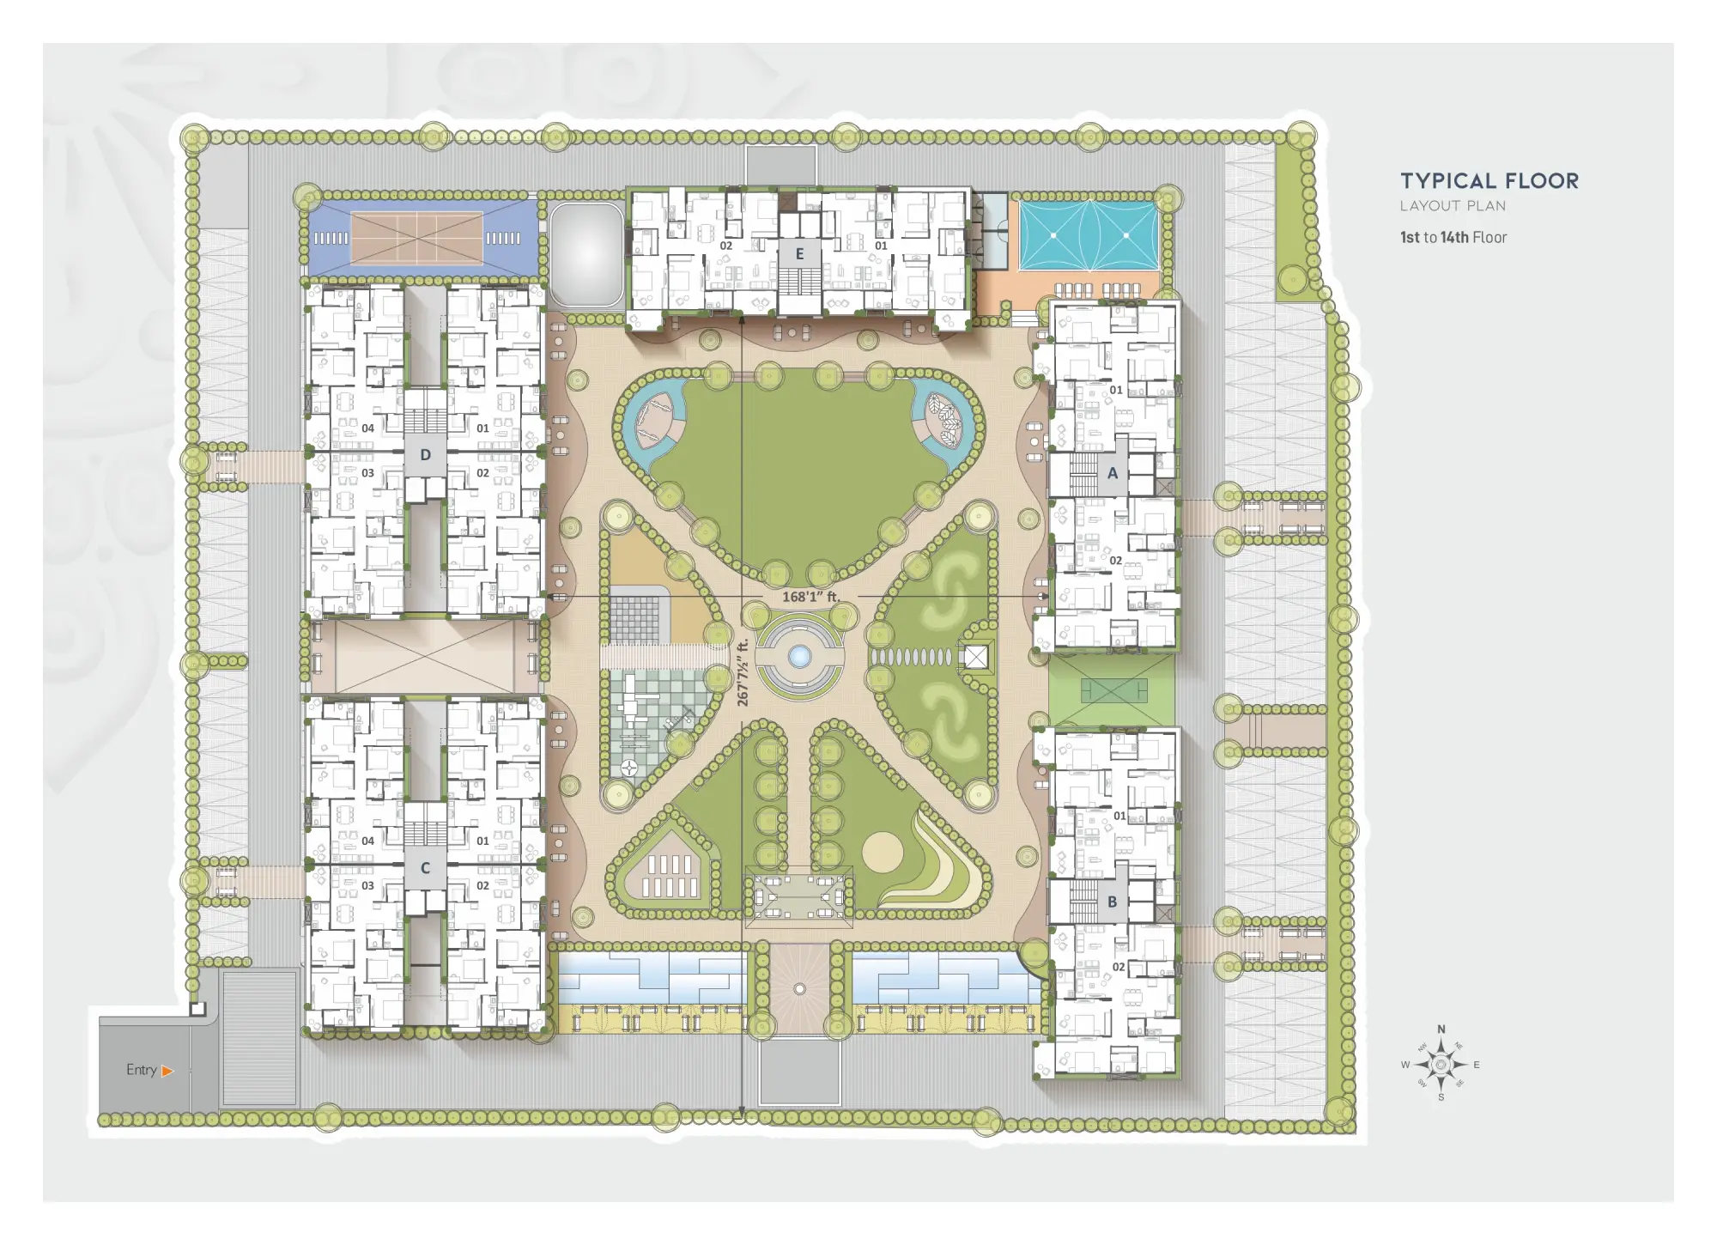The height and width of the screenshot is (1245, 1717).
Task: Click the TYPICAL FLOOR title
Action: pyautogui.click(x=1489, y=181)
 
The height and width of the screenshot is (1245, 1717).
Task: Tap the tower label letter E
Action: pyautogui.click(x=799, y=254)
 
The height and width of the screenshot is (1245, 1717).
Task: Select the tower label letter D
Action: pyautogui.click(x=425, y=455)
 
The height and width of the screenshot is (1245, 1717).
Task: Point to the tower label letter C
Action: pyautogui.click(x=425, y=868)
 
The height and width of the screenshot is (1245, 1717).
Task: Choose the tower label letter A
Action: pyautogui.click(x=1113, y=473)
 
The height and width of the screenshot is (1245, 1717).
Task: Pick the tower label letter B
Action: pyautogui.click(x=1113, y=902)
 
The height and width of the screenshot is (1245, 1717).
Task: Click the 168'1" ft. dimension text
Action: pyautogui.click(x=810, y=597)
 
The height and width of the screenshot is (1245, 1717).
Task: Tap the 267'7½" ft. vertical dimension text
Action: pyautogui.click(x=743, y=672)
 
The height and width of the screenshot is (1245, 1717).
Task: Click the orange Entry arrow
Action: pyautogui.click(x=167, y=1071)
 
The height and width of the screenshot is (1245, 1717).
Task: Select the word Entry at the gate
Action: pyautogui.click(x=142, y=1070)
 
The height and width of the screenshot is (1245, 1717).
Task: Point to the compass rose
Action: pyautogui.click(x=1441, y=1065)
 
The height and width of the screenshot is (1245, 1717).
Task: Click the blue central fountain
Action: pyautogui.click(x=799, y=657)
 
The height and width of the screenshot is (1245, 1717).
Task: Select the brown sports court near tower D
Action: pyautogui.click(x=417, y=238)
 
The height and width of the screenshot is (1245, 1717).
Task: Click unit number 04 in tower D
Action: pyautogui.click(x=367, y=428)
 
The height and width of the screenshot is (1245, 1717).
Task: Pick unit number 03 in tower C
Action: pyautogui.click(x=367, y=885)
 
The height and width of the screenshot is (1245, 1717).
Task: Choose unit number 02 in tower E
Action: pyautogui.click(x=726, y=246)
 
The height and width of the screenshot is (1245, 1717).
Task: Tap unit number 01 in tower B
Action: pyautogui.click(x=1119, y=816)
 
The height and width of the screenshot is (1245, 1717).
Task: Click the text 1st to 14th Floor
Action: pyautogui.click(x=1453, y=238)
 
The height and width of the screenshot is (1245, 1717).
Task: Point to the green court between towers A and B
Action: pyautogui.click(x=1113, y=689)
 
